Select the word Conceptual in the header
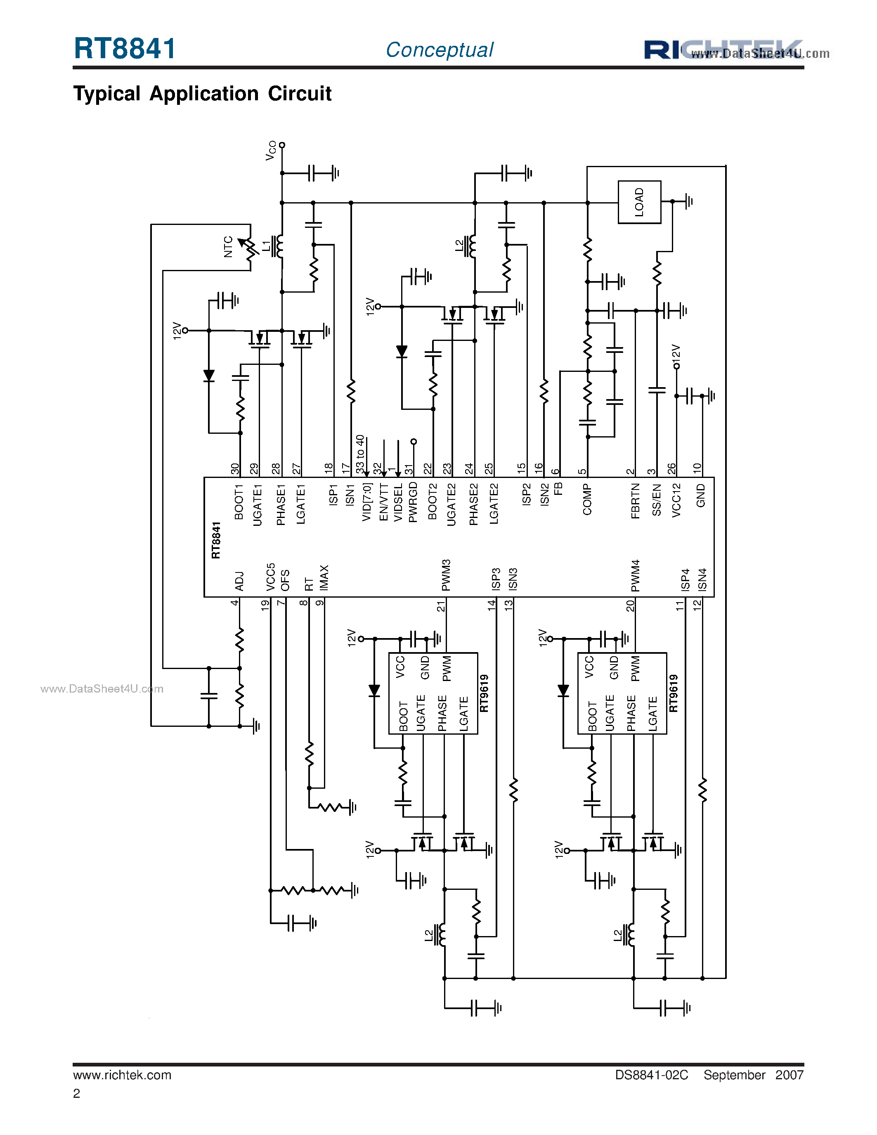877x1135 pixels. [x=440, y=50]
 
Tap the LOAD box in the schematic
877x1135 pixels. [x=639, y=202]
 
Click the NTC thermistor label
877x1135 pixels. [x=228, y=246]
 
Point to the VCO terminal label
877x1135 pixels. [x=271, y=150]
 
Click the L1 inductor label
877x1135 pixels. [x=266, y=246]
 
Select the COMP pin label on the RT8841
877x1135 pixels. [x=587, y=499]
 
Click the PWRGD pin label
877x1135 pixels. [x=413, y=501]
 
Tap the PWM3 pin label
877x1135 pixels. [x=446, y=575]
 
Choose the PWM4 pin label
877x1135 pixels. [x=635, y=575]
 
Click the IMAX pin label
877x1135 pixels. [x=324, y=578]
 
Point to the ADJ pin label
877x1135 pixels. [x=239, y=581]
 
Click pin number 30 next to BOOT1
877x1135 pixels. [x=235, y=469]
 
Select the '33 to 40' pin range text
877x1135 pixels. [x=360, y=454]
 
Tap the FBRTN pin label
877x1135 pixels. [x=635, y=501]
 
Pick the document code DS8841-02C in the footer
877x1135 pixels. [x=652, y=1075]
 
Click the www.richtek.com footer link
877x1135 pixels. [x=122, y=1075]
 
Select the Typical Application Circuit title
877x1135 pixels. [x=202, y=94]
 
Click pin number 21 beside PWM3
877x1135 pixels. [x=441, y=606]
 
